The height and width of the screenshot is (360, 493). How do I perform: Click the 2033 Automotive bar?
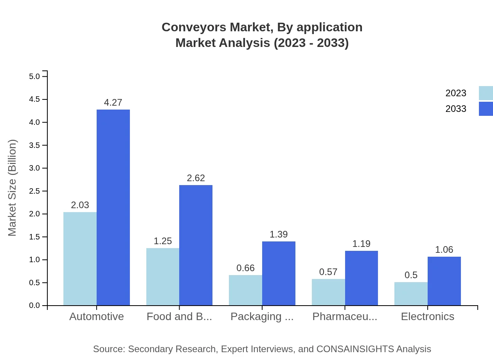tap(113, 207)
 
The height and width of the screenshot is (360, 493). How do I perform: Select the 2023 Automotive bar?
tap(80, 259)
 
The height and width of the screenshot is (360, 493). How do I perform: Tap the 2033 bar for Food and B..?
tap(196, 245)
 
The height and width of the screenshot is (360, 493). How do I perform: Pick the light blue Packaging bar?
tap(245, 290)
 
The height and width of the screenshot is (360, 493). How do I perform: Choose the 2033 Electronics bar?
tap(444, 281)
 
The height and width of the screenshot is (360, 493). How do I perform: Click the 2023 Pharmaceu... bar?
tap(328, 292)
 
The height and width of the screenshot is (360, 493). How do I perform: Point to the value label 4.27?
tap(113, 103)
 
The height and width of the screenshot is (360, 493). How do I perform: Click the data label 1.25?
tap(163, 241)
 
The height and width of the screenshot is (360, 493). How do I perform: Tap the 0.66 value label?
tap(245, 268)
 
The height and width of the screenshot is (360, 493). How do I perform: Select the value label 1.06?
tap(444, 250)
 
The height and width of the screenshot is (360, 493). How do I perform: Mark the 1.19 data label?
tap(361, 244)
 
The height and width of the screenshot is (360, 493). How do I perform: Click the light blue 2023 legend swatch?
tap(486, 93)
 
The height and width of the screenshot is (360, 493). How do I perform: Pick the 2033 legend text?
tap(456, 109)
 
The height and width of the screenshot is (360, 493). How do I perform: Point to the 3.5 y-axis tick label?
tap(34, 145)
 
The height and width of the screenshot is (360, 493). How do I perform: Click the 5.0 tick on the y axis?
tap(34, 76)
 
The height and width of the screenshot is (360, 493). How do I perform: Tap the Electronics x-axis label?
tap(427, 317)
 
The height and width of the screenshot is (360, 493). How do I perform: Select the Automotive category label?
tap(96, 317)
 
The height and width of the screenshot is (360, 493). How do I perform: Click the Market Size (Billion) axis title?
tap(13, 188)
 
